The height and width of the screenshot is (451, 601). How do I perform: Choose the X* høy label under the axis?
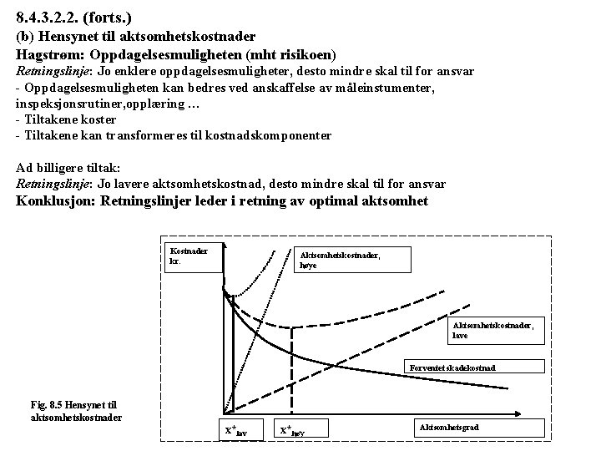click(x=304, y=430)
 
